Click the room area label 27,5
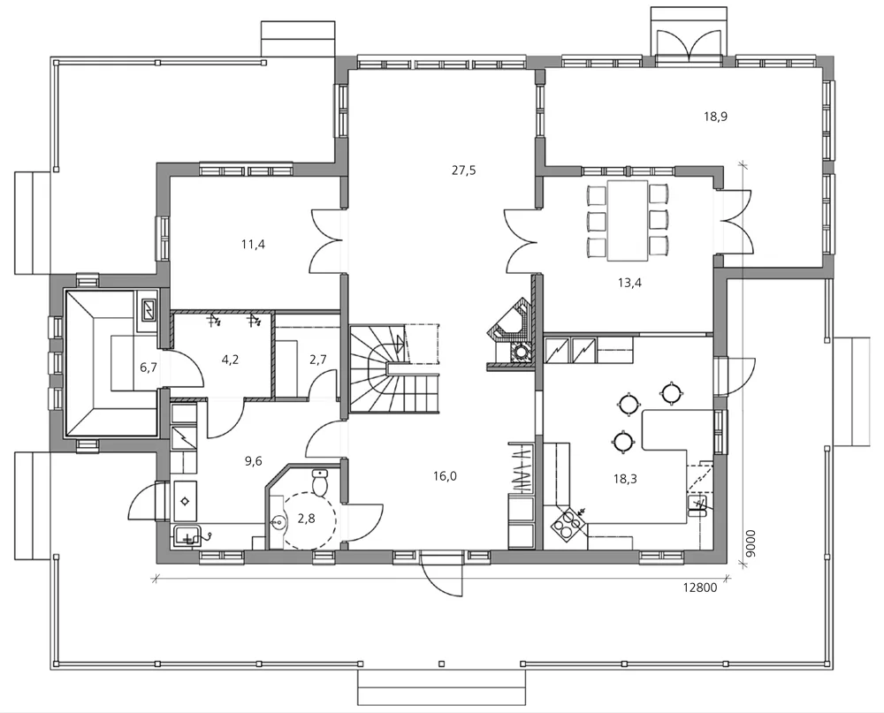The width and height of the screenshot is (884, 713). tap(463, 171)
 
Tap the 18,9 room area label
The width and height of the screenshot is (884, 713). tap(715, 117)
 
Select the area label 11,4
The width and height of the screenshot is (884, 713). tap(253, 244)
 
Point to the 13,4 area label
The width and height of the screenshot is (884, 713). tap(629, 283)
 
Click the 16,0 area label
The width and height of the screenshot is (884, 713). tap(445, 476)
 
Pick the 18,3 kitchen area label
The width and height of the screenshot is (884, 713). tap(625, 479)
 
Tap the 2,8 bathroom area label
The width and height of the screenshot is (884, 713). tap(306, 519)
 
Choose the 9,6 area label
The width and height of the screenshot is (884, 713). tap(253, 461)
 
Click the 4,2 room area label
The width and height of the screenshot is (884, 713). tap(230, 359)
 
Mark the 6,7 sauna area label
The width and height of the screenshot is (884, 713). tap(149, 368)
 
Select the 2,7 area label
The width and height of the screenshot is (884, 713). tap(318, 360)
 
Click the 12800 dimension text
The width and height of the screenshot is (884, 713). tap(699, 588)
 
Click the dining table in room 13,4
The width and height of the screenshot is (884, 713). tap(628, 220)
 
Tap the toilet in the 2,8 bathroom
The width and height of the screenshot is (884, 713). tap(320, 482)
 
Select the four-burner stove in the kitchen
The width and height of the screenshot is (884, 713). tap(568, 524)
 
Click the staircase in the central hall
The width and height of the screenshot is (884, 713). tap(393, 369)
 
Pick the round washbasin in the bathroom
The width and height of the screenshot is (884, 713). tap(278, 523)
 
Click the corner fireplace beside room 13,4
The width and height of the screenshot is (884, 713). tap(509, 334)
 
